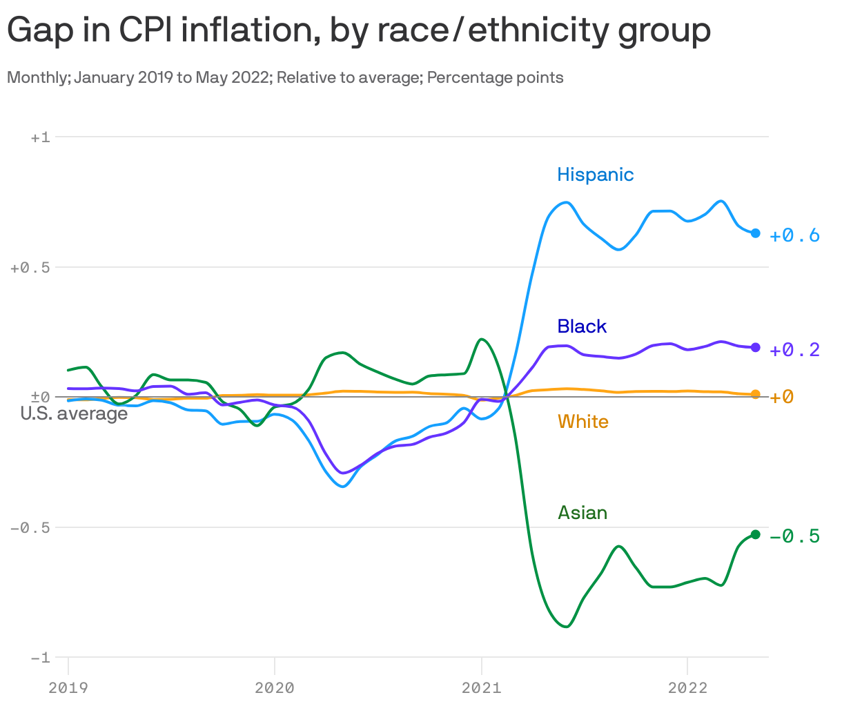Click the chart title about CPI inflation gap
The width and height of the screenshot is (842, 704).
click(358, 30)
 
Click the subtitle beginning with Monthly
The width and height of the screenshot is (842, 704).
click(285, 77)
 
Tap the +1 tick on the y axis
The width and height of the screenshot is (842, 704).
click(40, 137)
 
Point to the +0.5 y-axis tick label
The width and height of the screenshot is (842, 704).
click(30, 268)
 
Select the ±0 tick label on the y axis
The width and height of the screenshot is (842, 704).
click(40, 397)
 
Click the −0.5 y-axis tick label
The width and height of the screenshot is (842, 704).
click(30, 527)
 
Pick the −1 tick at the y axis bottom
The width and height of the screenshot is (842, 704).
click(40, 658)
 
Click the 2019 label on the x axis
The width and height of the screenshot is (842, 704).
click(68, 687)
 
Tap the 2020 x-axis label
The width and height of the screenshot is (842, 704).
click(274, 687)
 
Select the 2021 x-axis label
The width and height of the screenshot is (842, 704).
click(481, 687)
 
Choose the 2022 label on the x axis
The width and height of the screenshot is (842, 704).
click(687, 687)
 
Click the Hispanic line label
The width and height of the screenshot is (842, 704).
click(595, 175)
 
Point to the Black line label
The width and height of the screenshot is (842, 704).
click(582, 326)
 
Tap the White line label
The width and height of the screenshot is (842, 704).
click(583, 422)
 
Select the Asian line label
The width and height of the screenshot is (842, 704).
click(582, 513)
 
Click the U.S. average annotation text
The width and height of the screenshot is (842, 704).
click(74, 413)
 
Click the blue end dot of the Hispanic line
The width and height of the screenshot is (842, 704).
click(755, 233)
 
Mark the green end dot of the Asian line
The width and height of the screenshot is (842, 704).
click(755, 534)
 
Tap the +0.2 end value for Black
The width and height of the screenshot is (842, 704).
click(794, 350)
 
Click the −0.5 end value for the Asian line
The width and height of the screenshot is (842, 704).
click(794, 536)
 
